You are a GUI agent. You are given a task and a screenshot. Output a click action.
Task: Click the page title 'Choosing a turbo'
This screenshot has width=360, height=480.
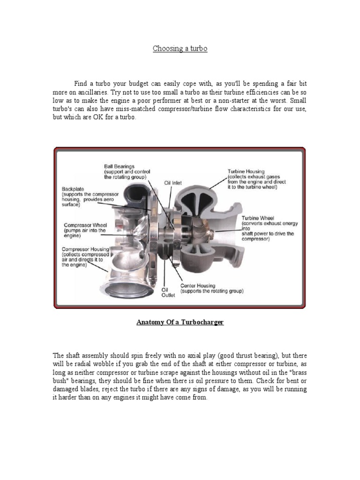tap(180, 49)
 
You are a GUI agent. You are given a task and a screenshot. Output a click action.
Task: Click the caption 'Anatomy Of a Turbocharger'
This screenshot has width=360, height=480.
tap(180, 323)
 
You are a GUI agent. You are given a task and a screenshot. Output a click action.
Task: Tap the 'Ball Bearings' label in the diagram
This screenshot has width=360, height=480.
tap(119, 166)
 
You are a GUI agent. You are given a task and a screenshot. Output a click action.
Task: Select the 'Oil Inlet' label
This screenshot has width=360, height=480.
tap(173, 183)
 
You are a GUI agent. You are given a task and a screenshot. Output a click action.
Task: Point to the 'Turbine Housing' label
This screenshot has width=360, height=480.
tap(246, 172)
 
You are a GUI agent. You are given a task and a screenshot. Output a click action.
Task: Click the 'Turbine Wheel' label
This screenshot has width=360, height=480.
tap(257, 218)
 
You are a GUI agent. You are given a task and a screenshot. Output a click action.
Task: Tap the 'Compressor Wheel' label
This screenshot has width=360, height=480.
tap(84, 225)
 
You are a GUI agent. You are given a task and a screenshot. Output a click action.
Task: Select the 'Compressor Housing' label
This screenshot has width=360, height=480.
tap(86, 249)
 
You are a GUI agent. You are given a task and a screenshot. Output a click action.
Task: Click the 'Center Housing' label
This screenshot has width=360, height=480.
tap(198, 285)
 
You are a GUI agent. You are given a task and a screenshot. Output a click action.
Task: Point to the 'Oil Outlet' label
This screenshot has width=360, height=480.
tap(168, 292)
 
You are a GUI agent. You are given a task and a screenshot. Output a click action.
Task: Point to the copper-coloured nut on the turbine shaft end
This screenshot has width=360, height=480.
tap(212, 233)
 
